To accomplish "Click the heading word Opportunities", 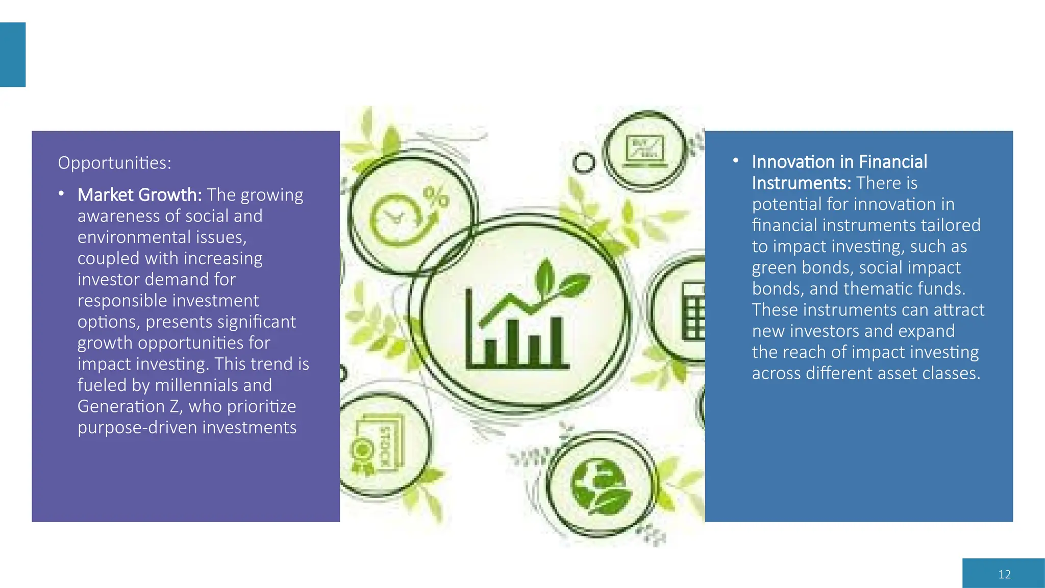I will [x=114, y=163].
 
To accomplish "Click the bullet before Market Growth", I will [x=61, y=193].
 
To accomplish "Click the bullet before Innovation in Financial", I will [x=736, y=161].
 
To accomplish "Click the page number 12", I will [x=1004, y=574].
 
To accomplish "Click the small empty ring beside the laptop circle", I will [x=584, y=163].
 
